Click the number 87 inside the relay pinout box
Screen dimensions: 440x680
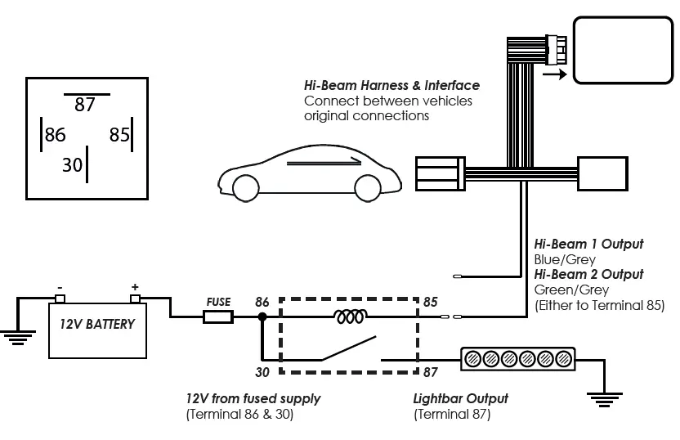[84, 105]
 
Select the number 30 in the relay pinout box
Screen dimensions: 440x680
[73, 164]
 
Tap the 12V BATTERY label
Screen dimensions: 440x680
[96, 323]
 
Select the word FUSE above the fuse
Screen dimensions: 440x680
[218, 301]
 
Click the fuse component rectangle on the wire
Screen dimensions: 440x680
[218, 317]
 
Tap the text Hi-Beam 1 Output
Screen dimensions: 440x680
[588, 244]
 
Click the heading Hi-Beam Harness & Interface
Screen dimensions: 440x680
[391, 86]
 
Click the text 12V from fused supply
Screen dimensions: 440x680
[253, 398]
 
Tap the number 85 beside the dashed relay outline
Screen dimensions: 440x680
[430, 302]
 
